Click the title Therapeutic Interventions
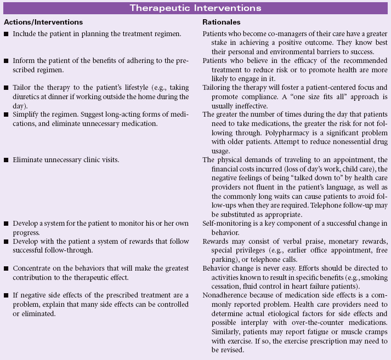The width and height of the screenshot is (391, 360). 195,8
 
